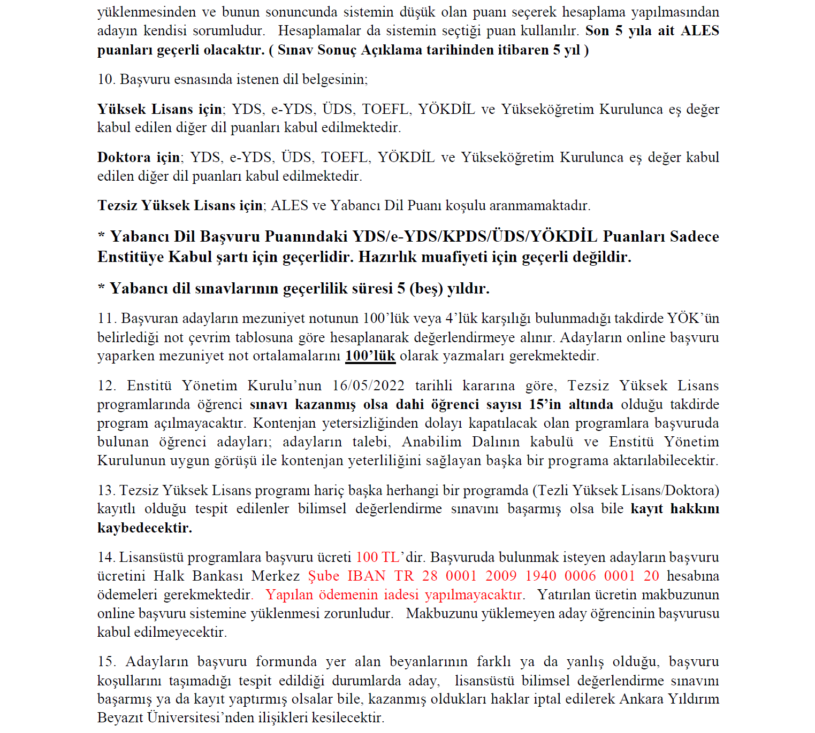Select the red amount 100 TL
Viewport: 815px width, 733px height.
(377, 557)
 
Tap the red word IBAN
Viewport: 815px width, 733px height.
(366, 576)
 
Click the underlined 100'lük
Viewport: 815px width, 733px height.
(370, 356)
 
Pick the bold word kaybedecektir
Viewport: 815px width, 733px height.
(144, 528)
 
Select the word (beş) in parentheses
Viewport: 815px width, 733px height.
(426, 289)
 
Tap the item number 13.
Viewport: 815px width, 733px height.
(106, 490)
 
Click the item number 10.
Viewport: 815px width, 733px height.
(106, 79)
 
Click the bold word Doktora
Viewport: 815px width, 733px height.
(124, 157)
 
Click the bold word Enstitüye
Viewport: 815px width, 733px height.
(131, 257)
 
